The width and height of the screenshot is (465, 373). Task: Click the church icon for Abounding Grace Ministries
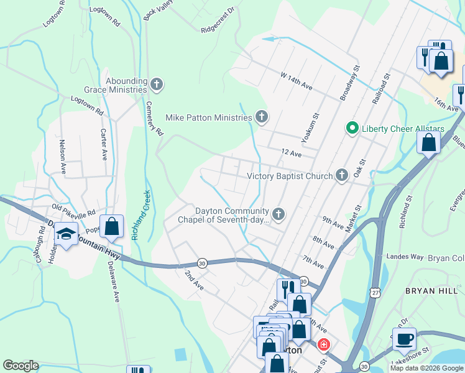(x=157, y=84)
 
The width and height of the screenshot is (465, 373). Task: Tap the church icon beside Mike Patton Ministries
(x=262, y=117)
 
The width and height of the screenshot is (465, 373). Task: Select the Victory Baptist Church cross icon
(x=341, y=176)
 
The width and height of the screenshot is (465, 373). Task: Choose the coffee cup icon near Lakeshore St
(x=404, y=339)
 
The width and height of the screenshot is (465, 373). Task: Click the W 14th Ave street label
(x=296, y=81)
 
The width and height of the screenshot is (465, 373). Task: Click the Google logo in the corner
(x=21, y=365)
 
